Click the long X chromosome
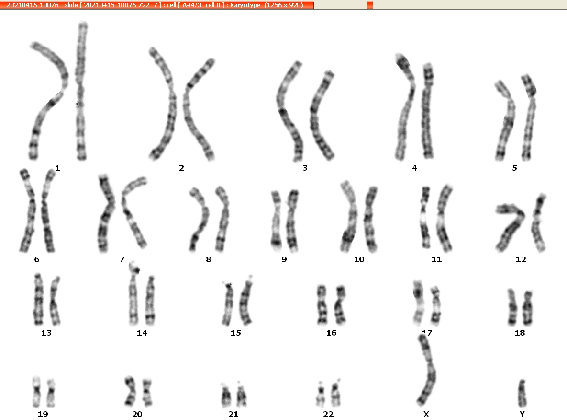428,370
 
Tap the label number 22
328,414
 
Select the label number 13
46,333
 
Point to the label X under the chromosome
426,414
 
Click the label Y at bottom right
522,414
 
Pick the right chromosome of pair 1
81,91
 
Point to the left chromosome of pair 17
418,303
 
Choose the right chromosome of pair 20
147,393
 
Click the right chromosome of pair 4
428,111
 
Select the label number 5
514,168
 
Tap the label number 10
359,259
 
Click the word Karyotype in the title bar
245,5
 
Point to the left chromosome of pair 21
226,396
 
